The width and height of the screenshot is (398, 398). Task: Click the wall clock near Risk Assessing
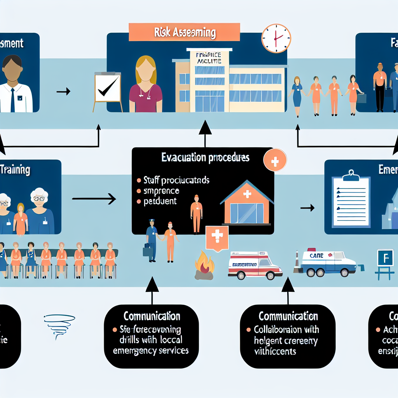pyautogui.click(x=276, y=39)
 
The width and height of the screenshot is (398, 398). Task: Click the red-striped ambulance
pyautogui.click(x=255, y=265)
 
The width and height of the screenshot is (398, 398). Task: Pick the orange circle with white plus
pyautogui.click(x=275, y=161)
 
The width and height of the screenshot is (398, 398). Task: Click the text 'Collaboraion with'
pyautogui.click(x=286, y=330)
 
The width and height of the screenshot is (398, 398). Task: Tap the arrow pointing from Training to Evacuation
pyautogui.click(x=94, y=199)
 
